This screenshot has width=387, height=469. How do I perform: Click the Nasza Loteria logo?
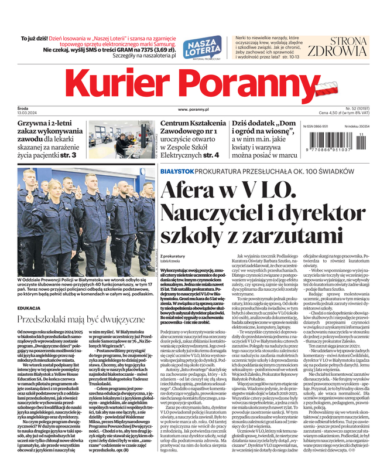click(x=202, y=48)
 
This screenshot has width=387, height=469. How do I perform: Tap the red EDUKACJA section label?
click(x=29, y=307)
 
